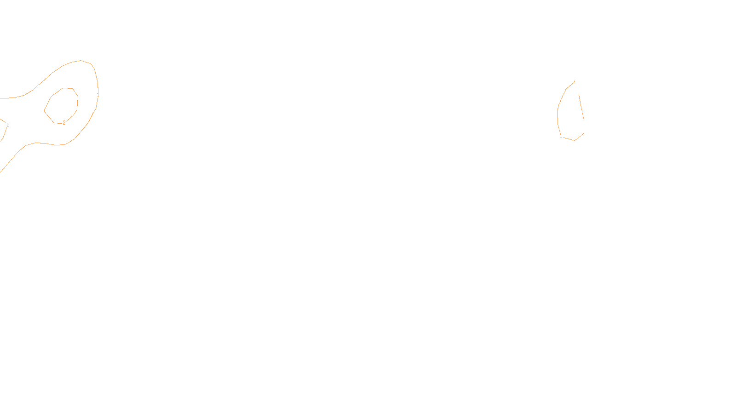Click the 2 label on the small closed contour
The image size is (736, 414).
[x=64, y=123]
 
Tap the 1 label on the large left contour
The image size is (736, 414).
[x=98, y=95]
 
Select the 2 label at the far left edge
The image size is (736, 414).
[x=8, y=125]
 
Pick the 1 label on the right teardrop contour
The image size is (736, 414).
[x=560, y=136]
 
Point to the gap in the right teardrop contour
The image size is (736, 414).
[x=577, y=88]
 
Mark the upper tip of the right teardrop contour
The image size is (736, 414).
[x=575, y=81]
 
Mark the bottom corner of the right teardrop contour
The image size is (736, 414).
[x=575, y=140]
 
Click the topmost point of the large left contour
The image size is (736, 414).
[x=80, y=60]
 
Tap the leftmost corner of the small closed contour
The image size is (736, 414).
[x=44, y=111]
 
